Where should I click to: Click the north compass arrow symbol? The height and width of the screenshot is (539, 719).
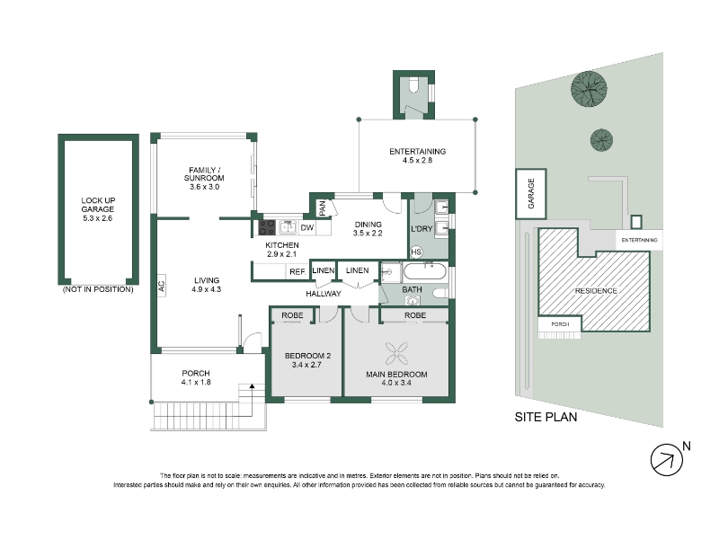(667, 460)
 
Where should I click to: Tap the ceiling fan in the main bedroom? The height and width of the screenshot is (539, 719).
(396, 353)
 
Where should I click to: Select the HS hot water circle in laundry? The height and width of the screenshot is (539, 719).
(416, 252)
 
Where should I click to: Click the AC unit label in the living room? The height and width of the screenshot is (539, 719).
(162, 286)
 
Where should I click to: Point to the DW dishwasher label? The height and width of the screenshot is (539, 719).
(307, 228)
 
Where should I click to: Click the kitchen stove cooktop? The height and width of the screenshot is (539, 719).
(267, 228)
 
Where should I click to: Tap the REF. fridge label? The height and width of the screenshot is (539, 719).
(297, 272)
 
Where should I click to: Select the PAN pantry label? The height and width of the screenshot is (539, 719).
(323, 208)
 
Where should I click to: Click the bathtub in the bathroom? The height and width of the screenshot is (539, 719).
(424, 271)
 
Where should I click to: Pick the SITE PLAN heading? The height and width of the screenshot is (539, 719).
(546, 417)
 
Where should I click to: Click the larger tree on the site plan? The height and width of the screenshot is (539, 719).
(589, 89)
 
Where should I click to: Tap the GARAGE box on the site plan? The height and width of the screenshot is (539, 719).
(531, 193)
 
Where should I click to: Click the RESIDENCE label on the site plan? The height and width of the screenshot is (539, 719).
(596, 291)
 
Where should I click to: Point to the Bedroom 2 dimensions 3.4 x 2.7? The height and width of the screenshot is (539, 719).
(306, 365)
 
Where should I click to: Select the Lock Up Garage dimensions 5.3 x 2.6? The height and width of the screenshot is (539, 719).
(98, 218)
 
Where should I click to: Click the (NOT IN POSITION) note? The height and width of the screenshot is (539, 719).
(98, 289)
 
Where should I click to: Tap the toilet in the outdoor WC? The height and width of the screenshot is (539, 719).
(413, 84)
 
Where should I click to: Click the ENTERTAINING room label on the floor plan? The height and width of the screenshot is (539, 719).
(417, 151)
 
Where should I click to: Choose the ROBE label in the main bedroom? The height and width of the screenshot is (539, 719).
(415, 315)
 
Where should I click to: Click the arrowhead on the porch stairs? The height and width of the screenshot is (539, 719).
(252, 386)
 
